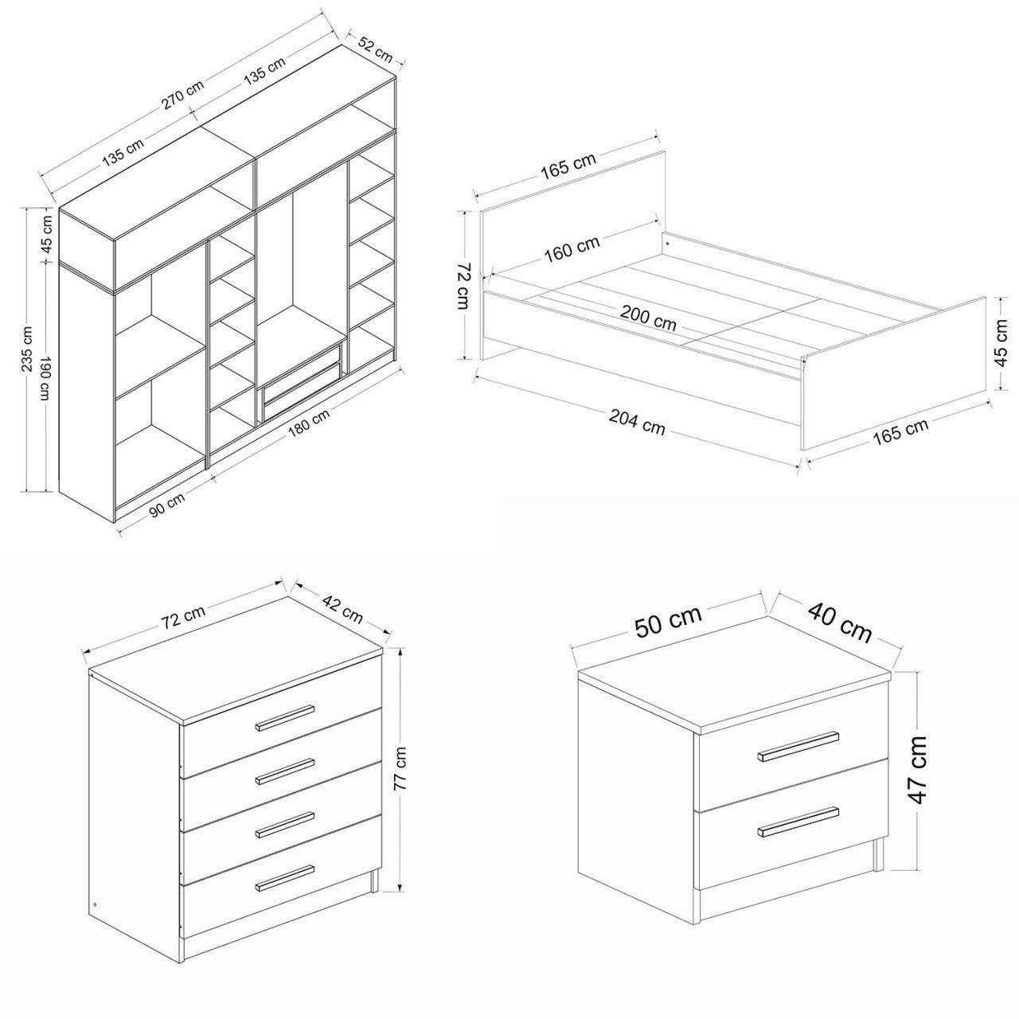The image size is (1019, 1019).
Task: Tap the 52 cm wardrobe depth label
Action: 376,49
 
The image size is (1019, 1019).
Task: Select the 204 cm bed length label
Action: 637,423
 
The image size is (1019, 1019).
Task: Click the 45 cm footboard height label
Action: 1001,342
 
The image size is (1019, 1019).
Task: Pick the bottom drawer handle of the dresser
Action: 285,876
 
